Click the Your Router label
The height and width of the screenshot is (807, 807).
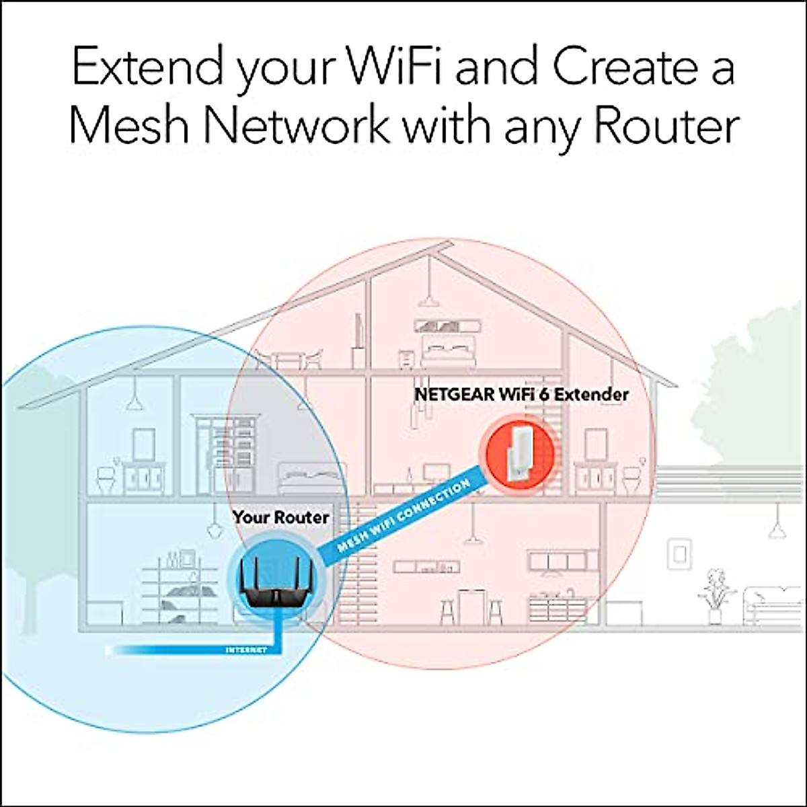click(x=280, y=517)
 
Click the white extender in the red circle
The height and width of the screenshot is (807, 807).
click(x=518, y=451)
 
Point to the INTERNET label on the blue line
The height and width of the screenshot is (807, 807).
click(x=245, y=650)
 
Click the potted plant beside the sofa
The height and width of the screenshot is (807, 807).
click(x=714, y=595)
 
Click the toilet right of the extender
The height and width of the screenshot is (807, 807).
click(x=630, y=479)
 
